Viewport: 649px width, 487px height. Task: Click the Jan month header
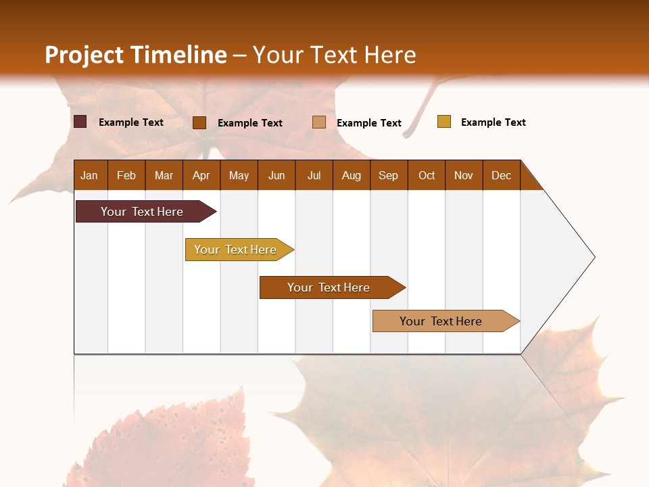pos(90,175)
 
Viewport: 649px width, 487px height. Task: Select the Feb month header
pos(126,175)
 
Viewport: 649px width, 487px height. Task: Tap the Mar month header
pos(164,175)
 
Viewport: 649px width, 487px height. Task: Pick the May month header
pos(239,175)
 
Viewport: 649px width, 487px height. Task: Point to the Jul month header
pos(314,175)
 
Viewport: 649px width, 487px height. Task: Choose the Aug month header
pos(352,175)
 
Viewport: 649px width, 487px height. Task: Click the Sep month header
pos(389,175)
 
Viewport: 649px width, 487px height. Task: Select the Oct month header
pos(427,175)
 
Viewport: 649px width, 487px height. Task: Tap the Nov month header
pos(464,175)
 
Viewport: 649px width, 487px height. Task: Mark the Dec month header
pos(502,175)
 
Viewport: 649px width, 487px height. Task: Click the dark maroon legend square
pos(80,122)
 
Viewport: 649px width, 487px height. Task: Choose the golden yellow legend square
pos(444,122)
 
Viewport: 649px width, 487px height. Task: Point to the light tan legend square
pos(319,122)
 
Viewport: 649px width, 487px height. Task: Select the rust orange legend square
pos(199,122)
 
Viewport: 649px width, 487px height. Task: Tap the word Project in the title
pos(84,55)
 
